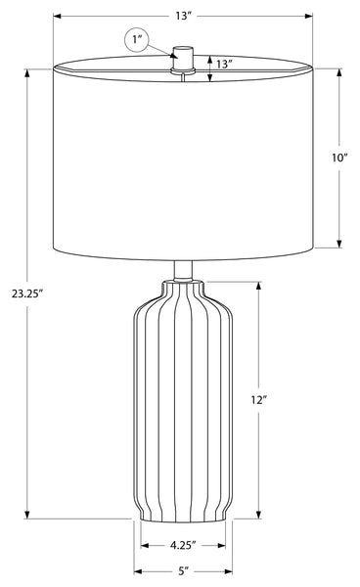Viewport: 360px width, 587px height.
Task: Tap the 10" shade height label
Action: (x=339, y=158)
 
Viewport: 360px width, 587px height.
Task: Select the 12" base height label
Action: (x=258, y=400)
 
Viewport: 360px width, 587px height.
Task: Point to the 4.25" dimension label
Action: (x=183, y=546)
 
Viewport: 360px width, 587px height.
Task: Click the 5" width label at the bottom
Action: (x=183, y=571)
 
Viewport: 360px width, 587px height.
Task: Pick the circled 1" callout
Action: (x=136, y=39)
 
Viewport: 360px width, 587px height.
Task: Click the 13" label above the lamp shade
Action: (x=183, y=16)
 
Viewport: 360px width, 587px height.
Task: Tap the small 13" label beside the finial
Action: (x=224, y=64)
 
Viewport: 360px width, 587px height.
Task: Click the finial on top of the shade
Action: (x=183, y=59)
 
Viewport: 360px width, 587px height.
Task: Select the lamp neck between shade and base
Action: (x=183, y=270)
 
